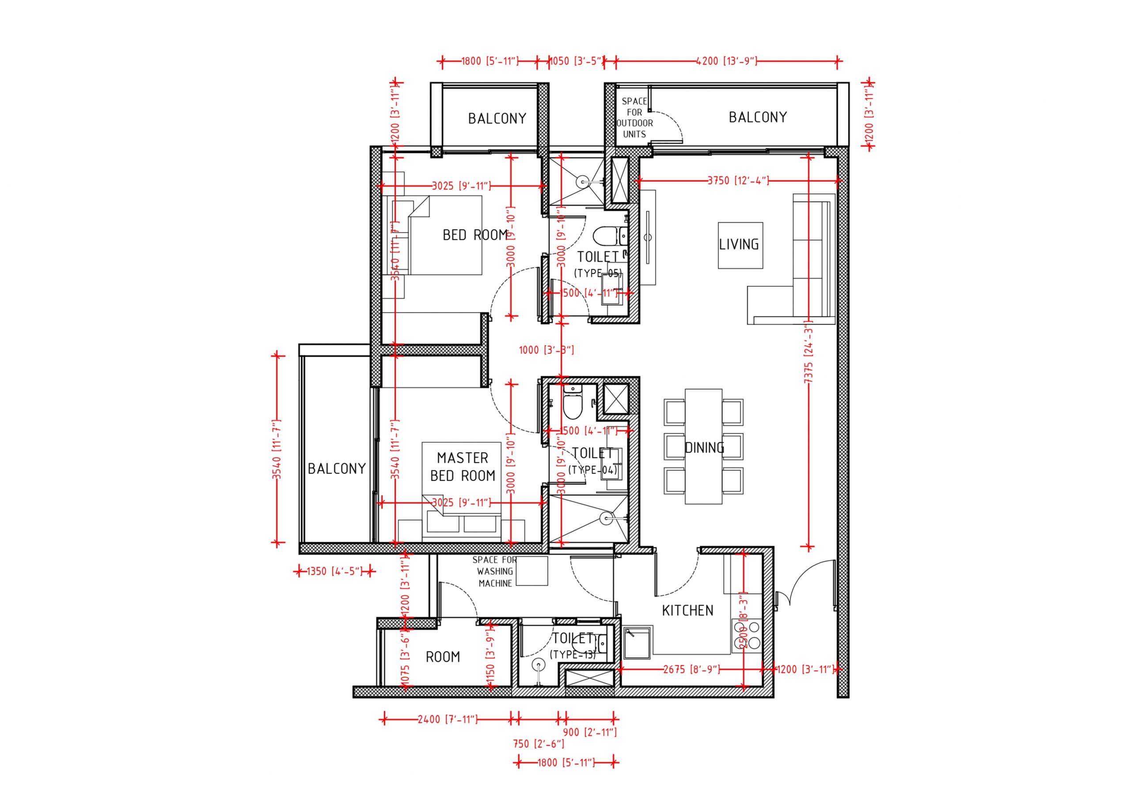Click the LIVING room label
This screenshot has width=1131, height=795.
(x=738, y=245)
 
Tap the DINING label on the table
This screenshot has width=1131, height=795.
(x=704, y=447)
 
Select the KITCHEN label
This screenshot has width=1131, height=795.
(x=687, y=611)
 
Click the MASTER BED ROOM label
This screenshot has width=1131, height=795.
(x=463, y=467)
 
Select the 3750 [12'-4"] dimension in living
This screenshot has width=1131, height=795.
(x=738, y=181)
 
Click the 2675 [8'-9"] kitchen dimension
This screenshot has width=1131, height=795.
(x=691, y=669)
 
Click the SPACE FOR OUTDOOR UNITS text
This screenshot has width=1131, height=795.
(x=634, y=117)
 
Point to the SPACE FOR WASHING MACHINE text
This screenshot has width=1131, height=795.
(x=494, y=571)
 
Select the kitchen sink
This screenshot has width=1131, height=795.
(x=638, y=642)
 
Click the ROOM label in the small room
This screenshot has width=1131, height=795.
(x=442, y=657)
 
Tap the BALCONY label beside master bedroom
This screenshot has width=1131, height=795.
(x=337, y=468)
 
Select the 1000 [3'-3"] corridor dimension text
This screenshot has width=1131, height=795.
(x=546, y=351)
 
